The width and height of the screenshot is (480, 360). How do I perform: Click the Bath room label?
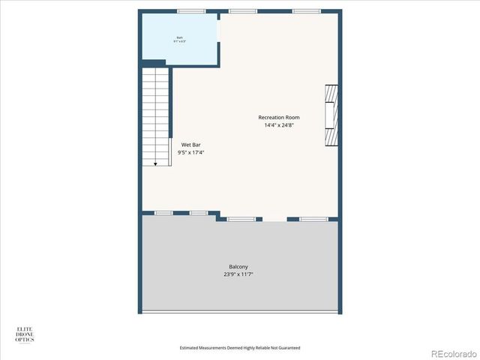[180, 37]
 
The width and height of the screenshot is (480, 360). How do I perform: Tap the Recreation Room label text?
[279, 118]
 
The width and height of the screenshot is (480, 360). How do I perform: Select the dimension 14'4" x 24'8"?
[279, 126]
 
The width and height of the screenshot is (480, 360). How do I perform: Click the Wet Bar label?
[190, 145]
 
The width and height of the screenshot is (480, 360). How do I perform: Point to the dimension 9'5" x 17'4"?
[190, 152]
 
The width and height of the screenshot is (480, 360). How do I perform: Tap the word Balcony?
[238, 267]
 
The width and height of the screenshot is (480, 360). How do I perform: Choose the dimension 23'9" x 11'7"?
[238, 274]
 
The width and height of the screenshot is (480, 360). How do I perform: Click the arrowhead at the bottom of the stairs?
[155, 163]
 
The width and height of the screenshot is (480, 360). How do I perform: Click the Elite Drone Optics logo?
[25, 334]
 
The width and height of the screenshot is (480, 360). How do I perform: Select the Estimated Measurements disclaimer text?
[240, 347]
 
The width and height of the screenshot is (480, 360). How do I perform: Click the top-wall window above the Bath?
[191, 11]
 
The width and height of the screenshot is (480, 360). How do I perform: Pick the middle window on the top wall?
[242, 11]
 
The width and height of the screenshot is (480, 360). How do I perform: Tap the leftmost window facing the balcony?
[163, 213]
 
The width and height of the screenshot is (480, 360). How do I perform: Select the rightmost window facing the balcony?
[313, 219]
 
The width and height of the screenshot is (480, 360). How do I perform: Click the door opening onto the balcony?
[274, 220]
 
